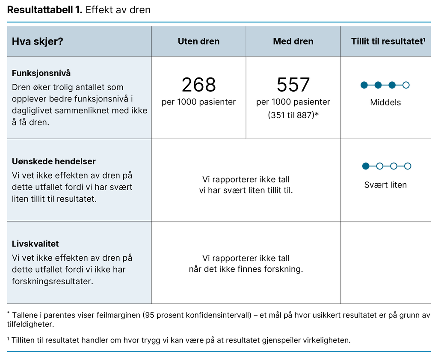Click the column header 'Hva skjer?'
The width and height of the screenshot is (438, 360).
38,42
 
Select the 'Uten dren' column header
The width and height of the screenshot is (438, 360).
198,42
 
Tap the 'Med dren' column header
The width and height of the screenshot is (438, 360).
293,42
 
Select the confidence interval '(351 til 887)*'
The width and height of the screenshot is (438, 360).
293,115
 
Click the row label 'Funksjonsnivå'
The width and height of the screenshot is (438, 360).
41,73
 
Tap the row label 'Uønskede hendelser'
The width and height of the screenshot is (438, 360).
53,161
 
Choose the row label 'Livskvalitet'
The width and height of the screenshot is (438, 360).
35,244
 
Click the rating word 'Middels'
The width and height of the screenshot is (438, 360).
385,103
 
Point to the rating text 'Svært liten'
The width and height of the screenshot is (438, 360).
385,185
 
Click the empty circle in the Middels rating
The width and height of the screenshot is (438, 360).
406,85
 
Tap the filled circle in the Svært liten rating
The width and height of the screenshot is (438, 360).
365,166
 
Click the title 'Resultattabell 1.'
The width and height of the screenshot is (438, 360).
44,10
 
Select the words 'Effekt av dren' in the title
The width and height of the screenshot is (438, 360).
118,10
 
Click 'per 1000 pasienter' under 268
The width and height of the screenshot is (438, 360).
198,102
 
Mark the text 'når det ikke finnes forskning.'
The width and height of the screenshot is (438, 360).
246,269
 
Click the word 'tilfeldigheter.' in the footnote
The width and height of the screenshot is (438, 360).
30,324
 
